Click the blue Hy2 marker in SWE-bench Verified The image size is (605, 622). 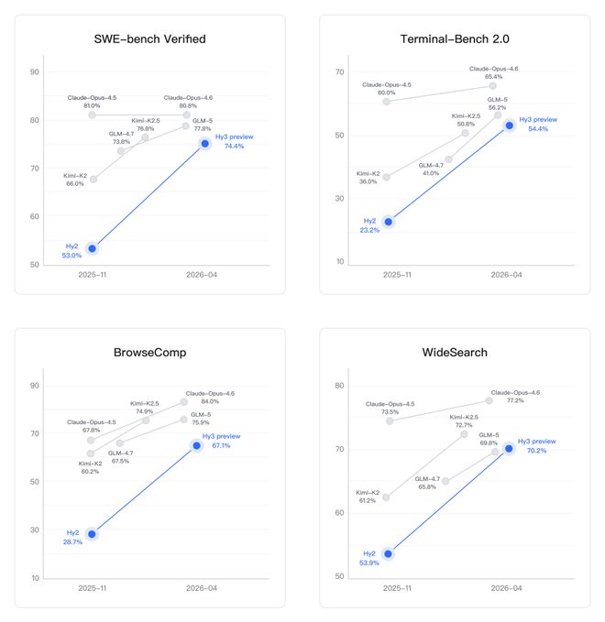92,248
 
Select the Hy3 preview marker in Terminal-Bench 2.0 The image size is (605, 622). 510,125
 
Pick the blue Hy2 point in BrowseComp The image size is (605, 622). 92,534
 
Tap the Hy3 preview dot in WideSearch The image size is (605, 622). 509,448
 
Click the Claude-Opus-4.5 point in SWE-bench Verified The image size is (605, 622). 92,115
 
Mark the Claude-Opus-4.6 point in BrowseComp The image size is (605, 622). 184,401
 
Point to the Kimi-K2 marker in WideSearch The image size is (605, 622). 386,497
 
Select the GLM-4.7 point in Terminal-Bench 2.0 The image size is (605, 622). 448,159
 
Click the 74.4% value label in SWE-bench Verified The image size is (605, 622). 233,146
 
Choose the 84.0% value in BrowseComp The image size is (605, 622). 210,401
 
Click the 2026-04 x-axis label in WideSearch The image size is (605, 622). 504,587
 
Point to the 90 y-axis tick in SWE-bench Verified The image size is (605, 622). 35,71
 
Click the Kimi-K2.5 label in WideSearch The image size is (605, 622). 463,417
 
